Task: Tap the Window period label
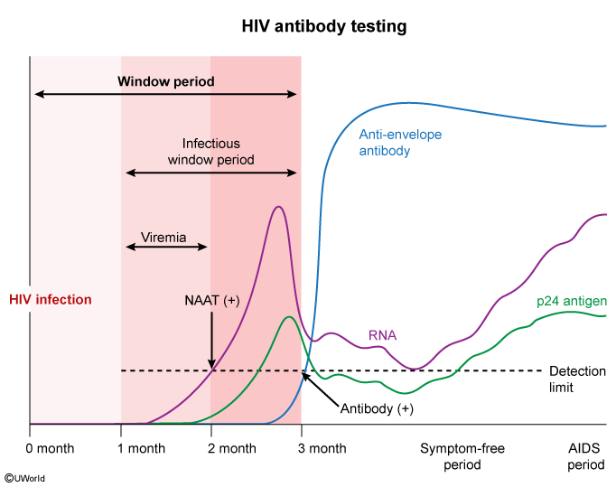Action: pos(166,81)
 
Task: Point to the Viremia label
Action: pos(163,239)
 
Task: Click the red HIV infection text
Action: pos(51,299)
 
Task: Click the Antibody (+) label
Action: pos(377,408)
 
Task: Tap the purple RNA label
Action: pos(383,336)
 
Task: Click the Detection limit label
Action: pos(578,379)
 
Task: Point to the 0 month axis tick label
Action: pos(51,448)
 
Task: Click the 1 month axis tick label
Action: pos(141,448)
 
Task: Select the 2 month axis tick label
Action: pos(231,448)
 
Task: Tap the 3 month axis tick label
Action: pos(322,448)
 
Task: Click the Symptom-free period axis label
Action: pos(462,456)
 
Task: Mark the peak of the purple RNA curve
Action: pos(278,207)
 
